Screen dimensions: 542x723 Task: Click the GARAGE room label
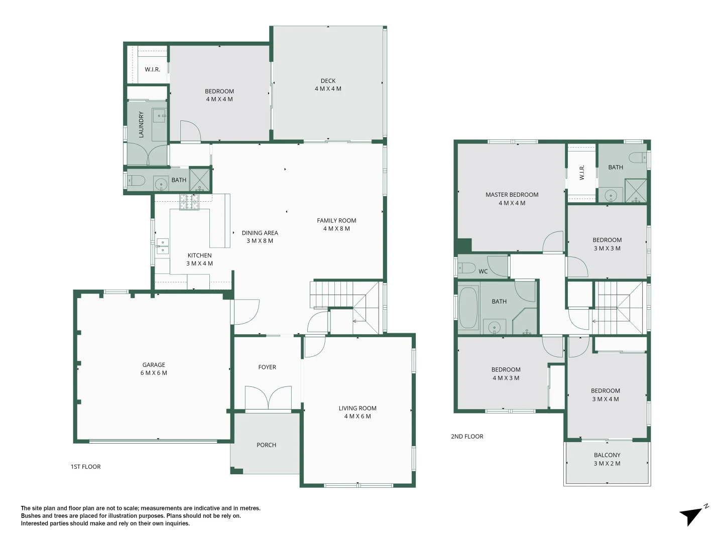[154, 365]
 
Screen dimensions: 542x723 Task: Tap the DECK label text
[328, 81]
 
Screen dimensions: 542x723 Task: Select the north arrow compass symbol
[693, 515]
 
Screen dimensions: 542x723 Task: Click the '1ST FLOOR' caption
[85, 467]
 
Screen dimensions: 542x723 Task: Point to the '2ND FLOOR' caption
[467, 437]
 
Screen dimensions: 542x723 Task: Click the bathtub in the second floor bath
[468, 308]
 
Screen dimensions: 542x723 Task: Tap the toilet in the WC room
[466, 267]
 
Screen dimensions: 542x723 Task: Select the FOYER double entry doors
[268, 398]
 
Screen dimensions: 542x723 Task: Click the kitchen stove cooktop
[190, 202]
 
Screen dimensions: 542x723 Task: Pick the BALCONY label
[607, 455]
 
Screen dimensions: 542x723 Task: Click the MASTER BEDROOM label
[512, 195]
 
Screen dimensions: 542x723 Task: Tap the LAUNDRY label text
[141, 125]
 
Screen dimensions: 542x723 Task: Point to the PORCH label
[266, 445]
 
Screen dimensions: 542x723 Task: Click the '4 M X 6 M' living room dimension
[357, 417]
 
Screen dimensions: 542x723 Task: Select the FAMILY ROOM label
[336, 221]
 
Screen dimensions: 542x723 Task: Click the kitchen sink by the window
[162, 246]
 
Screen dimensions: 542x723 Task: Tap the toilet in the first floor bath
[136, 180]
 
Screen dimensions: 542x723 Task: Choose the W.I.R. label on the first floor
[152, 70]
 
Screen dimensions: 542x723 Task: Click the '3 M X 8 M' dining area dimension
[260, 241]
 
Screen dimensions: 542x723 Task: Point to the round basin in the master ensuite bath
[611, 195]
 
